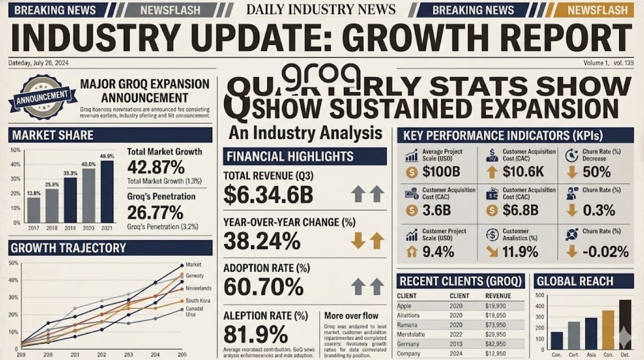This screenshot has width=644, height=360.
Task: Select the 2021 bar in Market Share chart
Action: [107, 191]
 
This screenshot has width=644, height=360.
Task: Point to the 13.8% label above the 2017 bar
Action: [34, 193]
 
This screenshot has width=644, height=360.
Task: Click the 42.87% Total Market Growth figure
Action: [156, 167]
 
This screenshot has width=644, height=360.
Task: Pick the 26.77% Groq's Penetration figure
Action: [155, 213]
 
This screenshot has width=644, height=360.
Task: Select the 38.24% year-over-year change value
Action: [262, 241]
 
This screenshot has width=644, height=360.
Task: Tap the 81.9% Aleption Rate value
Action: [256, 335]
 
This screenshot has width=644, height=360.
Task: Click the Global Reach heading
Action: [574, 282]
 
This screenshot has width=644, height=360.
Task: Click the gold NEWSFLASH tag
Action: [598, 10]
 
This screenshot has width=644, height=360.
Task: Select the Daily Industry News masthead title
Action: [321, 9]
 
